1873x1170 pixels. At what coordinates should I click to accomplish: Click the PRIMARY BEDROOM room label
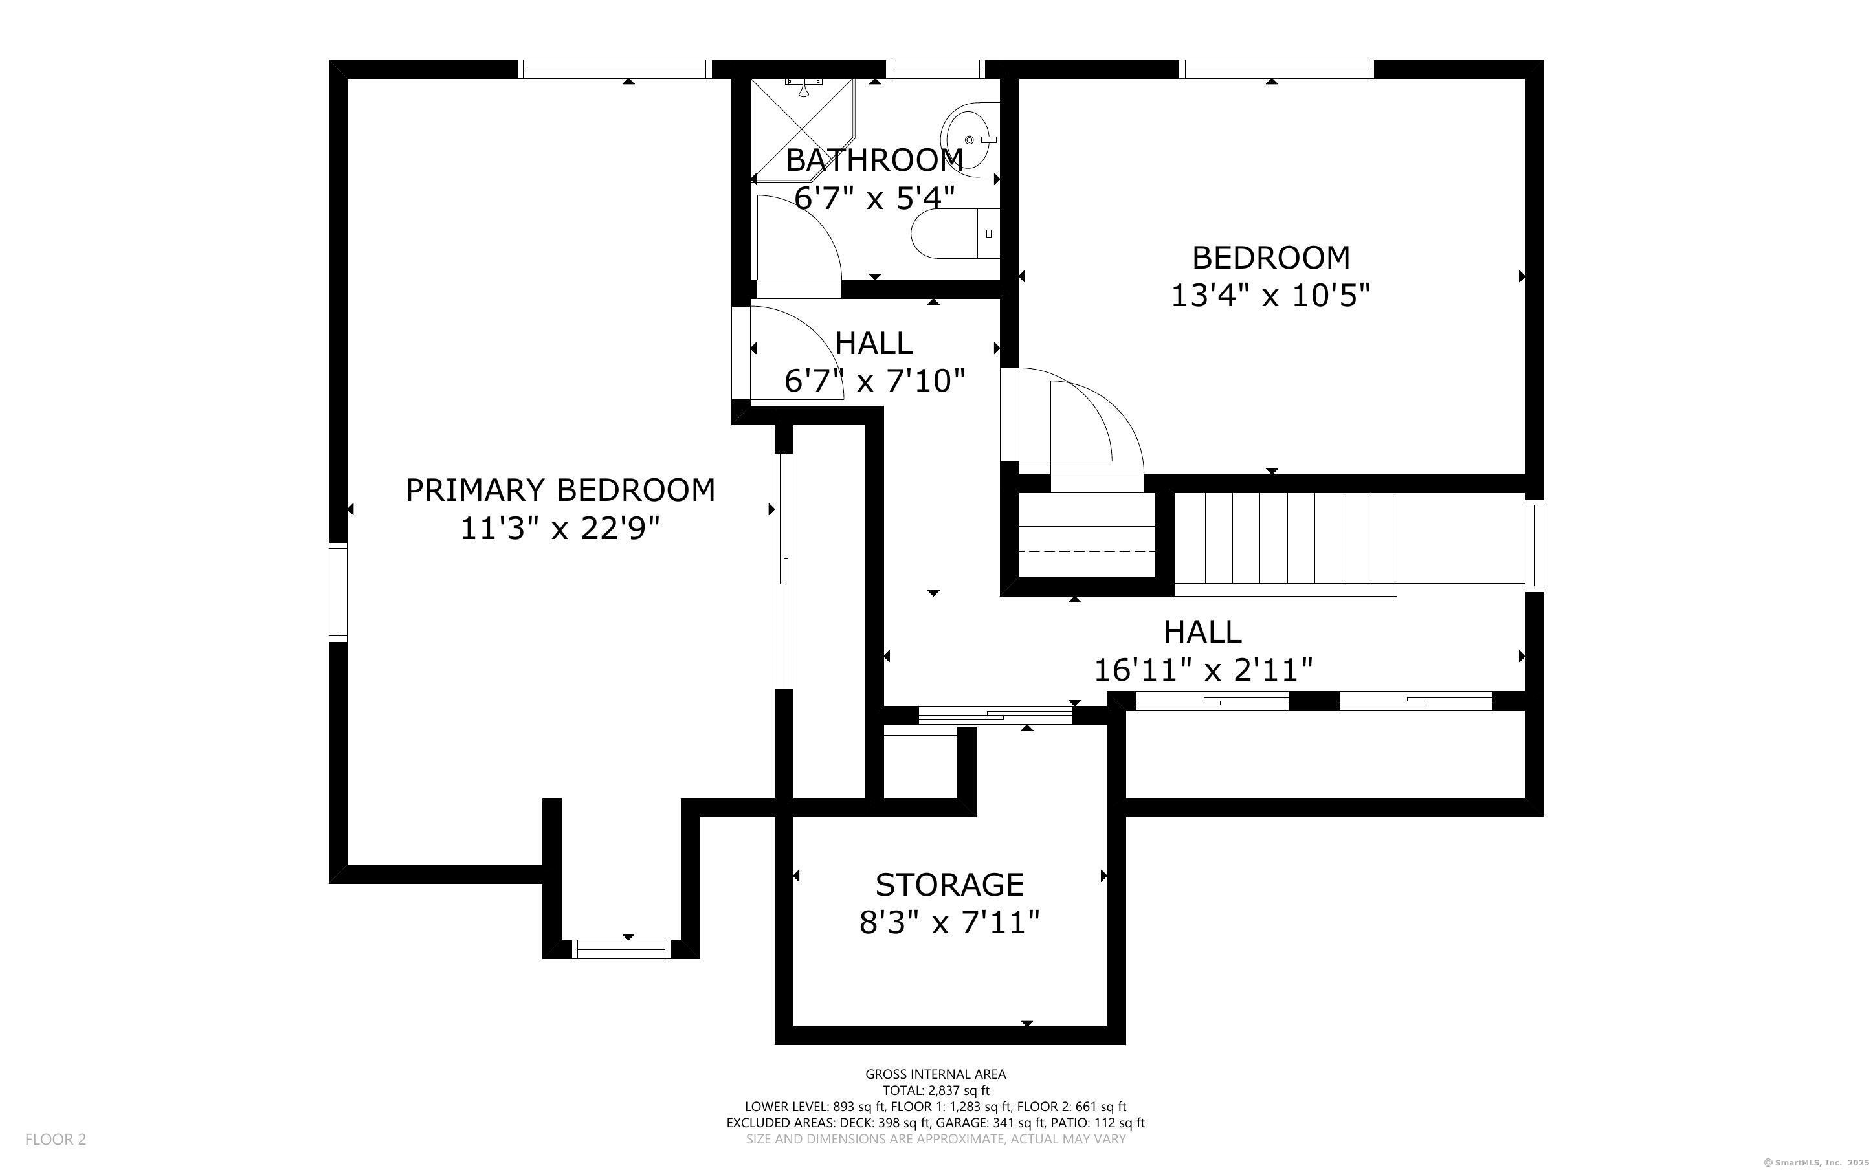[560, 491]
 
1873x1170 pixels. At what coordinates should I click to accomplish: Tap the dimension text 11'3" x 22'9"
[560, 529]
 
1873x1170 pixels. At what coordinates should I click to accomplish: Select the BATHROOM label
[874, 160]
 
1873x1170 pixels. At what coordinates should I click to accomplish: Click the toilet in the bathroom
[955, 234]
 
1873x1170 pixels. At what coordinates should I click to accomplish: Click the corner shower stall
[803, 128]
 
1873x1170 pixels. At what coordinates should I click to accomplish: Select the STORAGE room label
[949, 885]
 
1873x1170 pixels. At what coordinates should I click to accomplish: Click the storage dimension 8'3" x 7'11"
[949, 922]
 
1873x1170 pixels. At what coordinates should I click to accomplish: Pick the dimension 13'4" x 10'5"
[1270, 296]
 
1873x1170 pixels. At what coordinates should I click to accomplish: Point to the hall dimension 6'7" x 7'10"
[874, 381]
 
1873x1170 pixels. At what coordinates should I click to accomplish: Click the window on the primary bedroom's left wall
[338, 593]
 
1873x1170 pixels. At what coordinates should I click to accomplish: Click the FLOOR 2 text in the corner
[56, 1139]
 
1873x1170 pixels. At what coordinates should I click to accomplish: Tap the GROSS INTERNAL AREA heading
[935, 1074]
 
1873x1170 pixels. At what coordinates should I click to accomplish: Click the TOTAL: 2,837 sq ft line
[935, 1091]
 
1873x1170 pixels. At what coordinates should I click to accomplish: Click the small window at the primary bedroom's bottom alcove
[621, 949]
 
